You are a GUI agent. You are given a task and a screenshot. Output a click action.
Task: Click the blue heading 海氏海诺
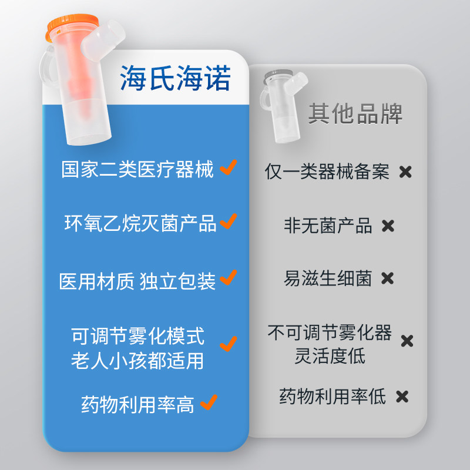tap(175, 78)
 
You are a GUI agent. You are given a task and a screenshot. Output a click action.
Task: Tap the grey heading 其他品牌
tap(355, 113)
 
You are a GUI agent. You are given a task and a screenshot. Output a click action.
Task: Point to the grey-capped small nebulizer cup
tap(283, 106)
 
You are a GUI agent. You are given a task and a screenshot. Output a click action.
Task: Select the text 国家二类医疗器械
tap(137, 169)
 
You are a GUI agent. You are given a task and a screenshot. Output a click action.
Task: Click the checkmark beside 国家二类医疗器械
tap(229, 167)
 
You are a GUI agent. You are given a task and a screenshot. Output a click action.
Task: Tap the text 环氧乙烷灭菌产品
tap(140, 223)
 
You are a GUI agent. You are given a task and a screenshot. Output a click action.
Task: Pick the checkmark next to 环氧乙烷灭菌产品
tap(229, 221)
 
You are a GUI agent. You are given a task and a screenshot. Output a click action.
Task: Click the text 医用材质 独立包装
tap(137, 281)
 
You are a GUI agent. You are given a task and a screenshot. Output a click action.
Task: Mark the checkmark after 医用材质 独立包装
tap(229, 277)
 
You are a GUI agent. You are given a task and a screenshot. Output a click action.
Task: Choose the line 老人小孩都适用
tap(137, 361)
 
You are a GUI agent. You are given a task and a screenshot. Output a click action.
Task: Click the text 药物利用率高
tap(137, 405)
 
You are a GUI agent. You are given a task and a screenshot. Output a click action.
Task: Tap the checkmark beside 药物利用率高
tap(209, 402)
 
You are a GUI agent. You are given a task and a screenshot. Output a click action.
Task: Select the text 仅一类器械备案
tap(327, 172)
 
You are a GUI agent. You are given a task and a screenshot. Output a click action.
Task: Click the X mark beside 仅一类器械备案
tap(405, 172)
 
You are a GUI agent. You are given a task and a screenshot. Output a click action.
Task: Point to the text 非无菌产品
tap(328, 226)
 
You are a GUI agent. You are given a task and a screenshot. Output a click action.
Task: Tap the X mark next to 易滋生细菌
tap(387, 278)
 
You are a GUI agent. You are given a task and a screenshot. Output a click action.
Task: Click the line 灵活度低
tap(330, 356)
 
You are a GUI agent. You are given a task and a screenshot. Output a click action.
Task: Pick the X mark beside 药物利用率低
tap(402, 397)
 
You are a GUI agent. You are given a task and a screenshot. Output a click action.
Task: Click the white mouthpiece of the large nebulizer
tap(103, 41)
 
